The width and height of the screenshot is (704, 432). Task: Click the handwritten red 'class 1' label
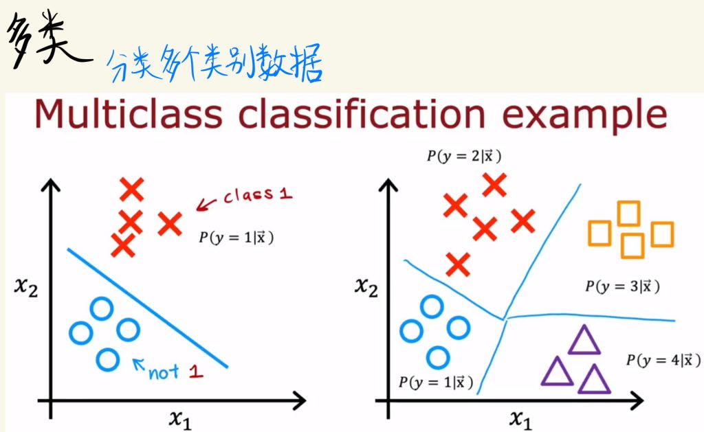(x=258, y=195)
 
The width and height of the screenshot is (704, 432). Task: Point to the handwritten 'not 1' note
(x=175, y=372)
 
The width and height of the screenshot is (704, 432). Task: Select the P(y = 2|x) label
(x=464, y=156)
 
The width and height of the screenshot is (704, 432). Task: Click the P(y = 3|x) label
(x=622, y=286)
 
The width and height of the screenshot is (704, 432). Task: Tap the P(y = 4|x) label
(x=663, y=360)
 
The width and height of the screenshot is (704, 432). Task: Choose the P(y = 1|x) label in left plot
(x=236, y=238)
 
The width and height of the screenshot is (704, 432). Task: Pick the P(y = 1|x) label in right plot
(x=436, y=382)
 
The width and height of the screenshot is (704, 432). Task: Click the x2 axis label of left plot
(x=26, y=286)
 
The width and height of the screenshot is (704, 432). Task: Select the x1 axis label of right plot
(x=520, y=420)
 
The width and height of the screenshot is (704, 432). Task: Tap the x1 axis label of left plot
(x=181, y=420)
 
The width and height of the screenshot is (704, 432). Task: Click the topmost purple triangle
(x=584, y=339)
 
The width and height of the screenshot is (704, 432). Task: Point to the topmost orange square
(x=628, y=214)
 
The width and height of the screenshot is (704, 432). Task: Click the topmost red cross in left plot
(x=132, y=190)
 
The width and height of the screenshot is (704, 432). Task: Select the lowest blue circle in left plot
(x=108, y=360)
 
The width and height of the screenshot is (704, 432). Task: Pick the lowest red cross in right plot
(x=458, y=264)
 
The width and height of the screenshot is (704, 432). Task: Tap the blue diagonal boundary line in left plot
(x=147, y=308)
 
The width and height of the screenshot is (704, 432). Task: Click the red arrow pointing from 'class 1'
(x=206, y=204)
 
